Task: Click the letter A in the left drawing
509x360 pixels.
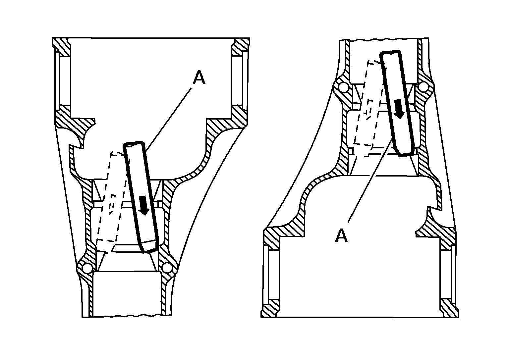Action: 199,77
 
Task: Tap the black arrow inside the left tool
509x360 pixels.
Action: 143,205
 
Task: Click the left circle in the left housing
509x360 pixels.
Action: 87,268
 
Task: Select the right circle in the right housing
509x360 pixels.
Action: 423,87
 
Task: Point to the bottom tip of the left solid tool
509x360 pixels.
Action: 143,252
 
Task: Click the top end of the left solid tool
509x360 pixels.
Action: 134,143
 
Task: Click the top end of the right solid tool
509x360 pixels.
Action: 390,52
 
